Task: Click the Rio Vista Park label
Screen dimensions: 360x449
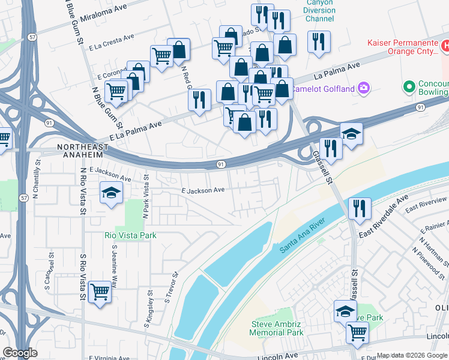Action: [130, 235]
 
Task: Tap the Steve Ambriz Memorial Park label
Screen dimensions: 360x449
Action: [277, 328]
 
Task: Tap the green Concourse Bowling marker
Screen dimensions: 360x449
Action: [410, 86]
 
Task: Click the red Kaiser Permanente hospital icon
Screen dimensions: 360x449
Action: [445, 46]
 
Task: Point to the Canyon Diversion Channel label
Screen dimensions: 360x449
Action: [319, 10]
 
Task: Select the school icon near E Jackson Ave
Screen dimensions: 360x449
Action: [111, 193]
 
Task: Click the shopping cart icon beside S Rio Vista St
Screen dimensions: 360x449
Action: [100, 292]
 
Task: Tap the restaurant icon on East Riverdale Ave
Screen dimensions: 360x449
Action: [359, 208]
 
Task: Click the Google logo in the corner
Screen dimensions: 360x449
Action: [20, 353]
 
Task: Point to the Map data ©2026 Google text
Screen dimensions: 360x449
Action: [412, 355]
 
